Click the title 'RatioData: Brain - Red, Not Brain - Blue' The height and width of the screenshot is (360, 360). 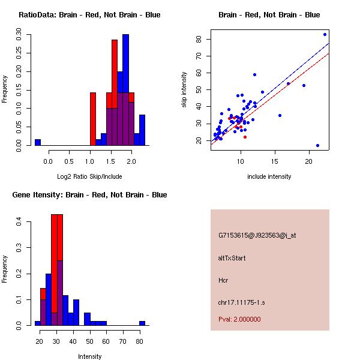point(89,15)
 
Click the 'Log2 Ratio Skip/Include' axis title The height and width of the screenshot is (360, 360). point(89,176)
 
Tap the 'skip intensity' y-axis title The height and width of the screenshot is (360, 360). point(184,90)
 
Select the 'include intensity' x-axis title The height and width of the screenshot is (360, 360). point(269,176)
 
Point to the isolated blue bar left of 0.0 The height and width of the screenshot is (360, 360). point(38,142)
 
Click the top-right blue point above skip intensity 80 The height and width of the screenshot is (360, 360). point(325,34)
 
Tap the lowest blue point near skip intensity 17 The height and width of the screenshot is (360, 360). point(317,145)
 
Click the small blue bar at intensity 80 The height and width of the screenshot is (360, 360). point(142,323)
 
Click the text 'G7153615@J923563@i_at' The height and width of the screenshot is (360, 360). point(257,235)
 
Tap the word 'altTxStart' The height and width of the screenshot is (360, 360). point(232,258)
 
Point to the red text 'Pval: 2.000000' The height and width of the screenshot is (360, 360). point(239,319)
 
